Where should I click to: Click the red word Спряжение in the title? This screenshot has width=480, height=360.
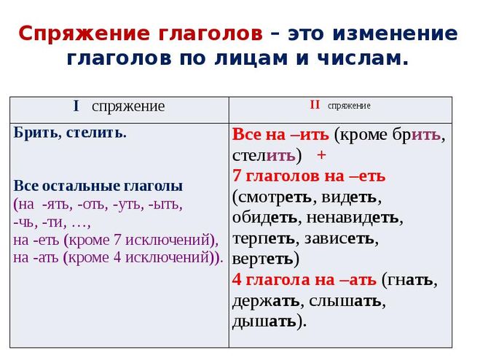pyautogui.click(x=84, y=34)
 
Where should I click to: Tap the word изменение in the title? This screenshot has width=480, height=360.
pyautogui.click(x=396, y=33)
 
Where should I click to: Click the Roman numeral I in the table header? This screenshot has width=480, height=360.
pyautogui.click(x=76, y=106)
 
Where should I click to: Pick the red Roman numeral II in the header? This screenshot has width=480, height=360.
pyautogui.click(x=315, y=105)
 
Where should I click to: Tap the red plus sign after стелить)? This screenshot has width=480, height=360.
pyautogui.click(x=321, y=155)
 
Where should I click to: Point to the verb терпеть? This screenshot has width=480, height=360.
pyautogui.click(x=263, y=239)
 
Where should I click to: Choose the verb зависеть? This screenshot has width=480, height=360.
pyautogui.click(x=339, y=238)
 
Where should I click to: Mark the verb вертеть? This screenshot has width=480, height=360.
pyautogui.click(x=263, y=259)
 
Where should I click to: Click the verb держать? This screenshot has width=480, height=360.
pyautogui.click(x=266, y=301)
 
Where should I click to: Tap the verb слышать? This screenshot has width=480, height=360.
pyautogui.click(x=345, y=301)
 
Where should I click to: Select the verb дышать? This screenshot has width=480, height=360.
pyautogui.click(x=264, y=321)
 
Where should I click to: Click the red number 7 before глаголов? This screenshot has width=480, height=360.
pyautogui.click(x=237, y=176)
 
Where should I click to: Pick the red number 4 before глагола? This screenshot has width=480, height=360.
pyautogui.click(x=237, y=280)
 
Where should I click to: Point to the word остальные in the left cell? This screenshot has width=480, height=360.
pyautogui.click(x=81, y=186)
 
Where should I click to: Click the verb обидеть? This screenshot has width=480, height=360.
pyautogui.click(x=264, y=218)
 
